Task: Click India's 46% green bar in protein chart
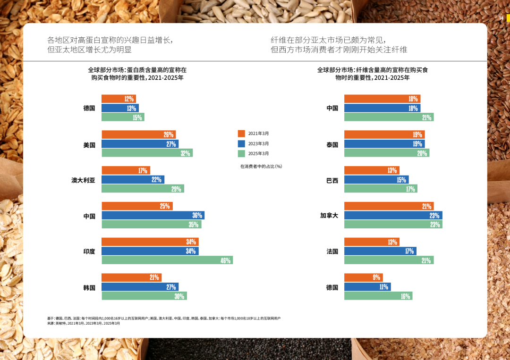point(167,260)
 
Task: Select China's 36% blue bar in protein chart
point(153,215)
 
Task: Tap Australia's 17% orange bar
point(126,170)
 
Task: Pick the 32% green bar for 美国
point(147,153)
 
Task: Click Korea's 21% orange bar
point(131,277)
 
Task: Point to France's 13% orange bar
point(372,242)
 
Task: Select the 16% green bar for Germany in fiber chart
point(378,296)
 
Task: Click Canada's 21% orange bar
point(389,206)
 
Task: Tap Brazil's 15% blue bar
point(376,180)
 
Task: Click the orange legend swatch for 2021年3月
point(241,134)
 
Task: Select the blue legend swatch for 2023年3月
point(241,143)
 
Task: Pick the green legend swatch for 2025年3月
point(241,153)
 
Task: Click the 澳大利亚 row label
point(83,180)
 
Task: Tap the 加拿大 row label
point(329,216)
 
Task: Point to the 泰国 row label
point(332,145)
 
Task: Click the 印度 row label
point(89,251)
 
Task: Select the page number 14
point(501,18)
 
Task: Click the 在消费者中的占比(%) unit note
point(261,166)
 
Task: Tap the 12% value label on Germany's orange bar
point(129,99)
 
